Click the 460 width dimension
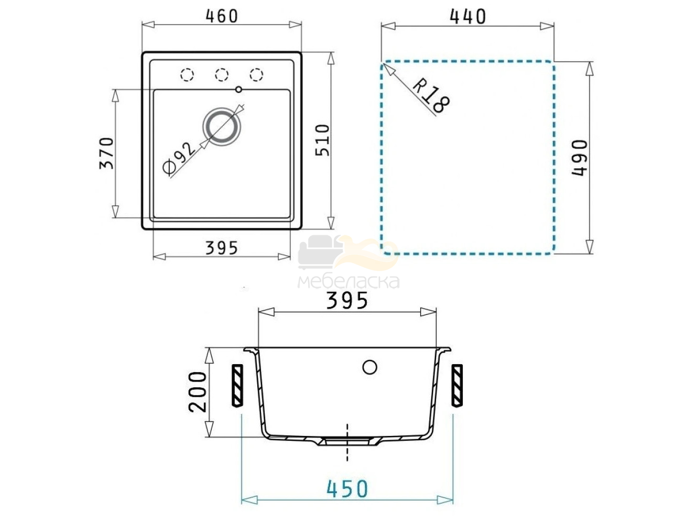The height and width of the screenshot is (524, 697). click(222, 16)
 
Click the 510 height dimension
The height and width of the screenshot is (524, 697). click(323, 140)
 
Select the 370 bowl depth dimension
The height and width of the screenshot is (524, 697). click(106, 154)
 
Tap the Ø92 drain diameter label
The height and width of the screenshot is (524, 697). click(178, 159)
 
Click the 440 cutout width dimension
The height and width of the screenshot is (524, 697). click(468, 16)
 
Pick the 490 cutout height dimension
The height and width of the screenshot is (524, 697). click(580, 158)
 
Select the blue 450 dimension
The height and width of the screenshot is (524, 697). click(347, 488)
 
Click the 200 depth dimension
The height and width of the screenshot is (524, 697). click(198, 392)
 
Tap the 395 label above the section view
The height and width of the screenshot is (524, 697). click(347, 301)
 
